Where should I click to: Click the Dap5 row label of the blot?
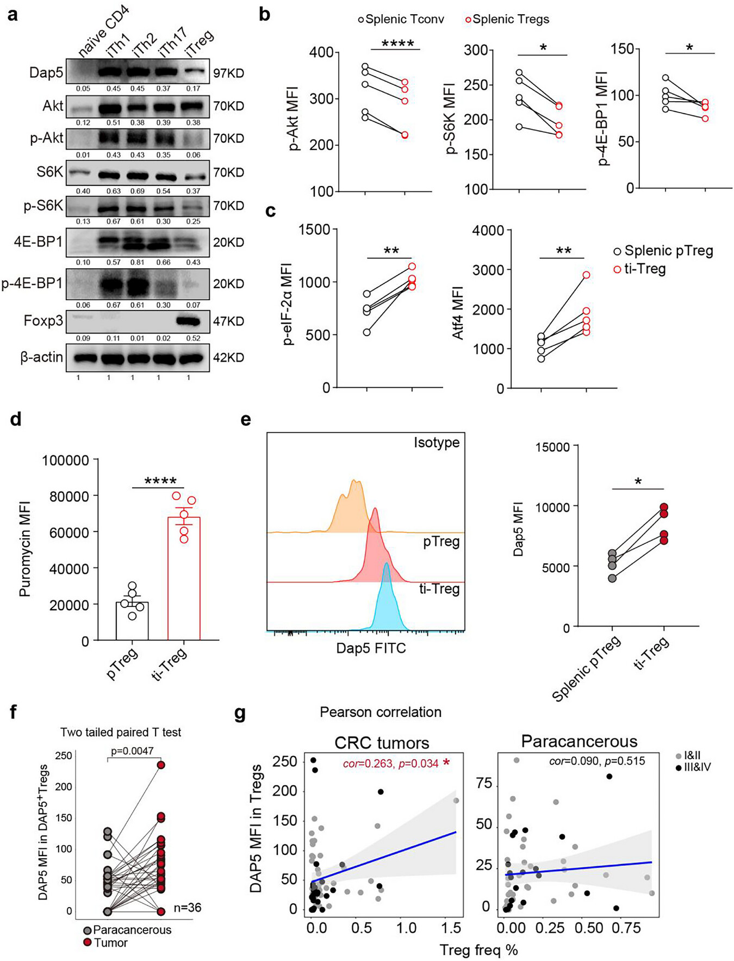(46, 73)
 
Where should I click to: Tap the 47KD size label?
(228, 321)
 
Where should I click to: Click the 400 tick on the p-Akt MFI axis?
(322, 53)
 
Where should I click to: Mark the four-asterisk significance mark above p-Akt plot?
(397, 44)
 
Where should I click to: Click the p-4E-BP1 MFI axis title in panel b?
(604, 119)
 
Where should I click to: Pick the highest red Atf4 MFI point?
(586, 275)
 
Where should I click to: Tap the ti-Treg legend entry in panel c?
(640, 269)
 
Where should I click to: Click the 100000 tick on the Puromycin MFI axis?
(66, 461)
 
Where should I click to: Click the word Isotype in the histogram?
(437, 443)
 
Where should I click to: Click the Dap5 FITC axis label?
(371, 648)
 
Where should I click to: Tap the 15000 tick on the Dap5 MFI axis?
(553, 447)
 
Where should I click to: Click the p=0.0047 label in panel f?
(132, 751)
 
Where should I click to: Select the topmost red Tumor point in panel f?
(161, 765)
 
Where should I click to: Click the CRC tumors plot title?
(382, 743)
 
